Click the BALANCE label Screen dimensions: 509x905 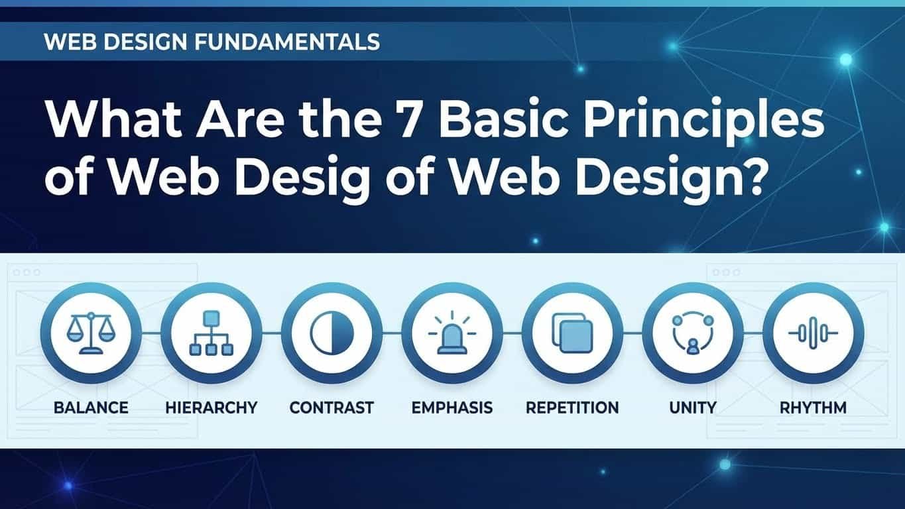coord(91,407)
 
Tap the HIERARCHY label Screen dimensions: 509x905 coord(211,407)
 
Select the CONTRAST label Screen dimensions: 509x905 coord(332,407)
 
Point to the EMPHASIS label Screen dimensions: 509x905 coord(452,407)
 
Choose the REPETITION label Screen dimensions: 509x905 coord(572,407)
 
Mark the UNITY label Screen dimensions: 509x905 coord(692,407)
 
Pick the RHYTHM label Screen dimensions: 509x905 coord(813,407)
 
